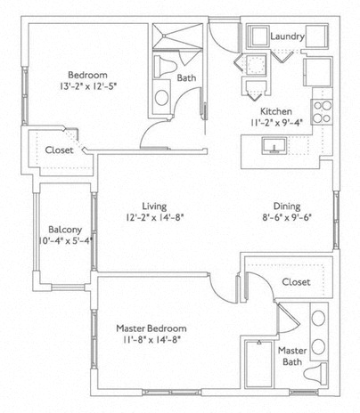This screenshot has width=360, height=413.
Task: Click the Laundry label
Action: pos(287,36)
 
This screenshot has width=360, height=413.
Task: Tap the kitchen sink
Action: pos(274,145)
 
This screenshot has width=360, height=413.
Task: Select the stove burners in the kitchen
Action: pos(322,112)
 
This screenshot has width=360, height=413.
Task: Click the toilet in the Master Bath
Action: pos(316,373)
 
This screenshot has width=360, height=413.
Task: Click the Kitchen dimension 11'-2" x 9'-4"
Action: pos(276,123)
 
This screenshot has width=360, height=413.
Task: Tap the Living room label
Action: pos(154,206)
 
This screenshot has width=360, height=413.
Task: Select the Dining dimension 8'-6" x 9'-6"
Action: pos(287,218)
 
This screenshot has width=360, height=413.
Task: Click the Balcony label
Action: pos(65,230)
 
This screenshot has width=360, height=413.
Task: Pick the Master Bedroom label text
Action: pos(151,328)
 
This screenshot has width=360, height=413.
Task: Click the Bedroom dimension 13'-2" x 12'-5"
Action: pos(88,86)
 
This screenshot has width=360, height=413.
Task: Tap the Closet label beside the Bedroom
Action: pos(59,150)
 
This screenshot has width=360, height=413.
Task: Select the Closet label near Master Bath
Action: pos(296,282)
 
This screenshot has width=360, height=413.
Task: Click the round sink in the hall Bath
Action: pos(161,97)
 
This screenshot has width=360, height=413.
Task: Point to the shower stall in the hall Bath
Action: pos(177,36)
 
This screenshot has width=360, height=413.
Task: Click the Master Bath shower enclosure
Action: pos(258,364)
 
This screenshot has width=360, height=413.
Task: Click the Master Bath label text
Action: pos(292,356)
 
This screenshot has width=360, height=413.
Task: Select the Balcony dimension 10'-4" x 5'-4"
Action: pos(66,240)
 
